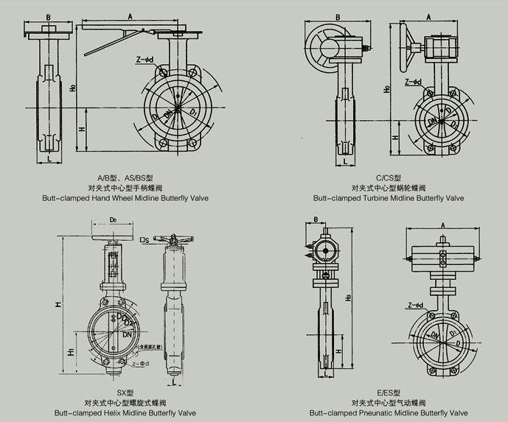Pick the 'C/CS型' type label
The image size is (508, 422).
pos(389,177)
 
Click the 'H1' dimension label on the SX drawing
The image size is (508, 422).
pos(71,353)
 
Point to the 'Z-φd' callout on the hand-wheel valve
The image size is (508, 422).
pos(145,59)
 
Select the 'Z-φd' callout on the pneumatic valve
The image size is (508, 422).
pos(414,305)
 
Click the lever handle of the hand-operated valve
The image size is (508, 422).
pos(118,41)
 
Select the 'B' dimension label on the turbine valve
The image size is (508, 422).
pos(336,17)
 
